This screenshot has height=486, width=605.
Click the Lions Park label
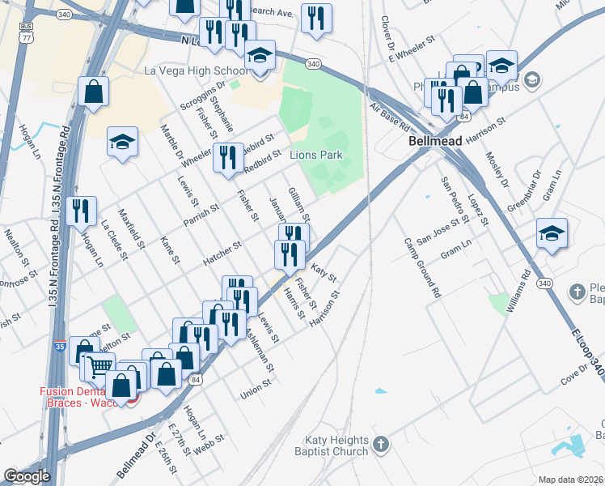click(x=317, y=155)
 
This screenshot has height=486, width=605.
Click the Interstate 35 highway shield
click(x=61, y=347)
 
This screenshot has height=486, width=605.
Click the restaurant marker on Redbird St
click(x=228, y=156)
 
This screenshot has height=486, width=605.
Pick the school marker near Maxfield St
click(x=122, y=142)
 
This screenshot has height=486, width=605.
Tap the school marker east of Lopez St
click(x=552, y=233)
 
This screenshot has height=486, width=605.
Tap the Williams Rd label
click(x=518, y=294)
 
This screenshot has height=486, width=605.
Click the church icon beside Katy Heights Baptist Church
click(x=383, y=444)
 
